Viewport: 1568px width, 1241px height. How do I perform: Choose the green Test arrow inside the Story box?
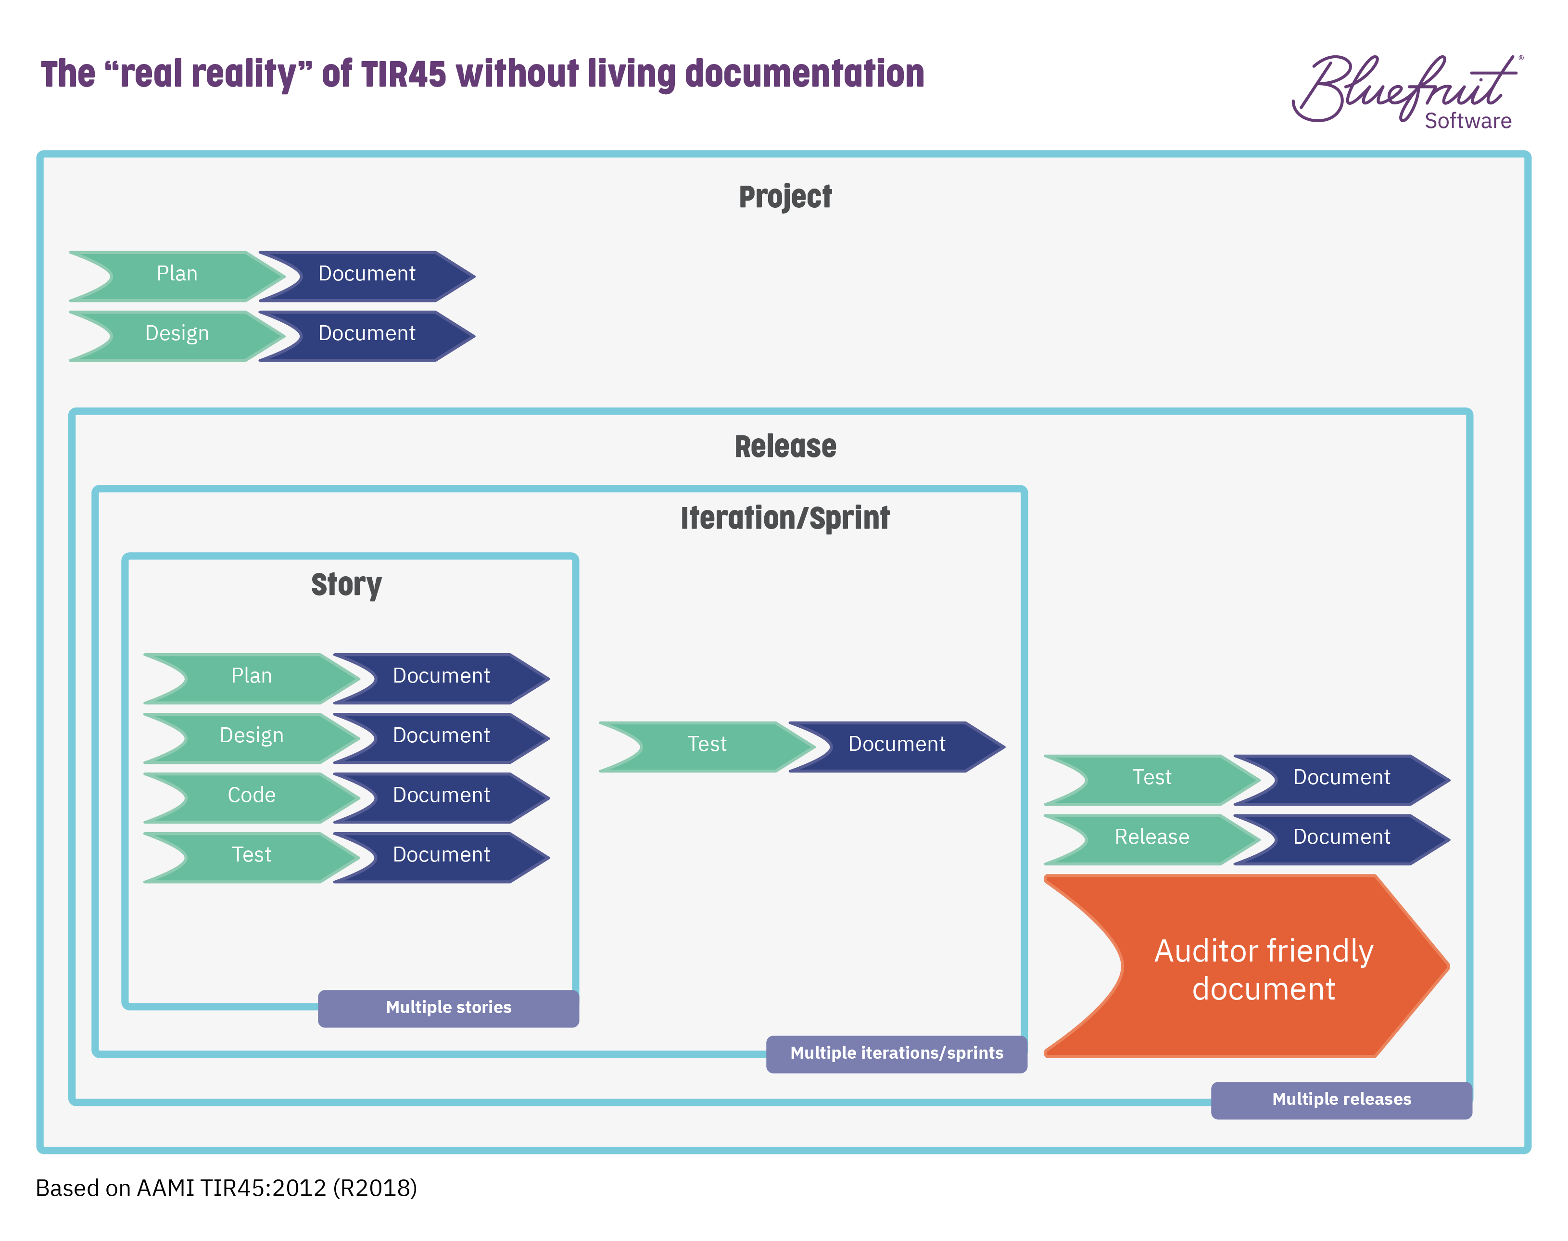tap(252, 856)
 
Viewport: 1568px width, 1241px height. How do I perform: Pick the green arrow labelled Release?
tap(1151, 838)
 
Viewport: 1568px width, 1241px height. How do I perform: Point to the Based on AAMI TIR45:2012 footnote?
tap(226, 1188)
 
